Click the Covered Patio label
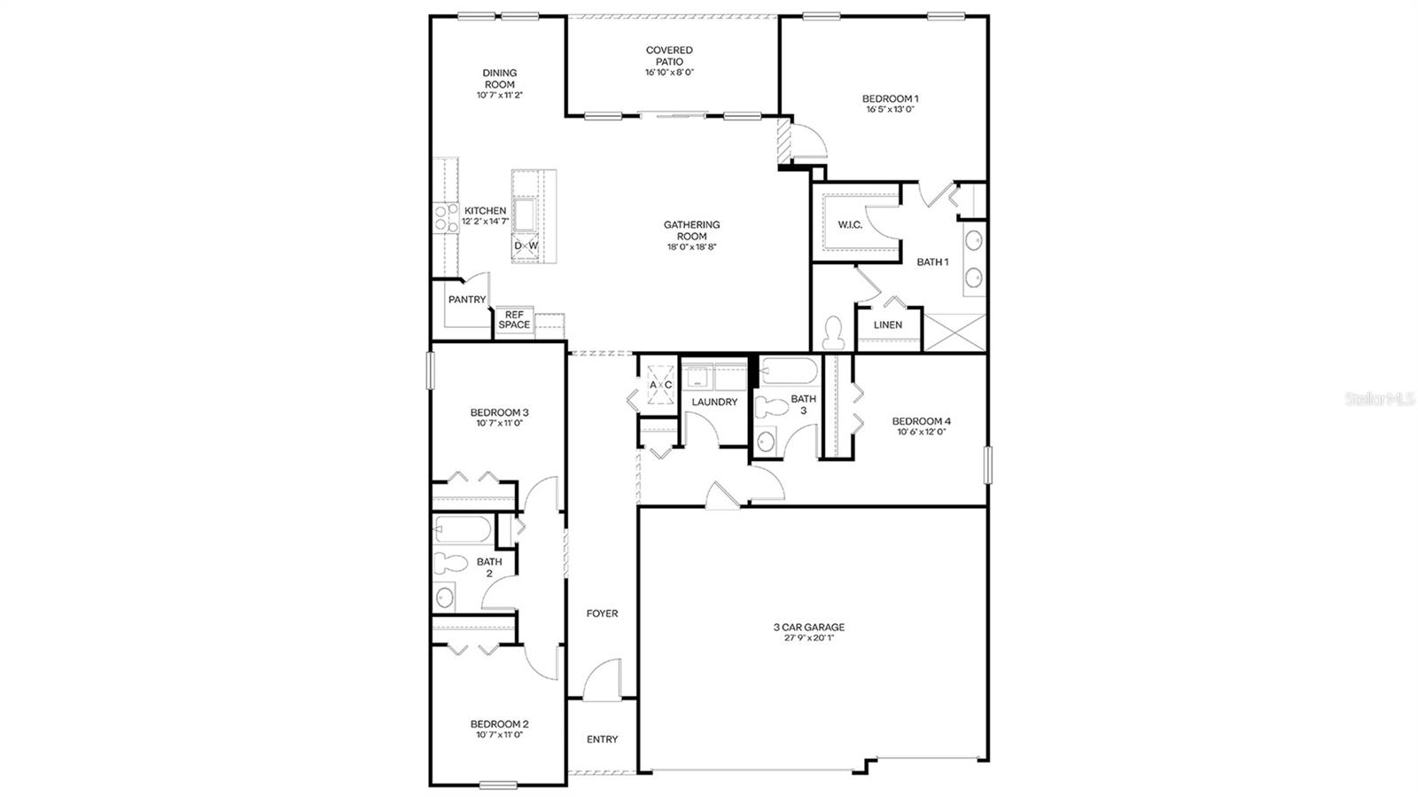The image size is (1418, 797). click(669, 56)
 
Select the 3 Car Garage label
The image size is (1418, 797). click(808, 627)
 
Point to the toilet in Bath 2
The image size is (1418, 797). click(452, 562)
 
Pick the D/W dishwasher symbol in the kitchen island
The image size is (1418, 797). click(526, 246)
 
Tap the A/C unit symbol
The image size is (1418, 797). click(661, 385)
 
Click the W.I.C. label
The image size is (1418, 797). click(850, 225)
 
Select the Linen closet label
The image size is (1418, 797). click(887, 325)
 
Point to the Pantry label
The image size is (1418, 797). click(466, 300)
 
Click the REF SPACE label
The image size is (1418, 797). click(514, 319)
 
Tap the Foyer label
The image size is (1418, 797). click(602, 613)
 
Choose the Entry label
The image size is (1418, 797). click(602, 739)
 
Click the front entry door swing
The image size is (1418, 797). click(603, 678)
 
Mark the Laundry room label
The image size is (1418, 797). click(714, 402)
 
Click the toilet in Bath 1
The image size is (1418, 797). click(833, 333)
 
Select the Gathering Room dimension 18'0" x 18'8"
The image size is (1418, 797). click(691, 247)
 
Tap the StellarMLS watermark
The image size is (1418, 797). click(1379, 400)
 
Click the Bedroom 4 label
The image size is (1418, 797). click(921, 421)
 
